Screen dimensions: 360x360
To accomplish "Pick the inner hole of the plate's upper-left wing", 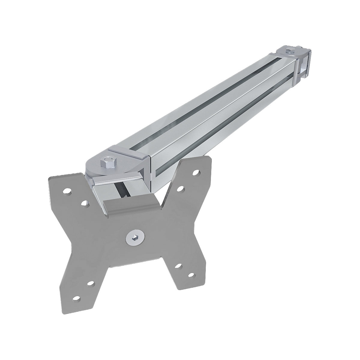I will [84, 203].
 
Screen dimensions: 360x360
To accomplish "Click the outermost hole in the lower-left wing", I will [77, 298].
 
